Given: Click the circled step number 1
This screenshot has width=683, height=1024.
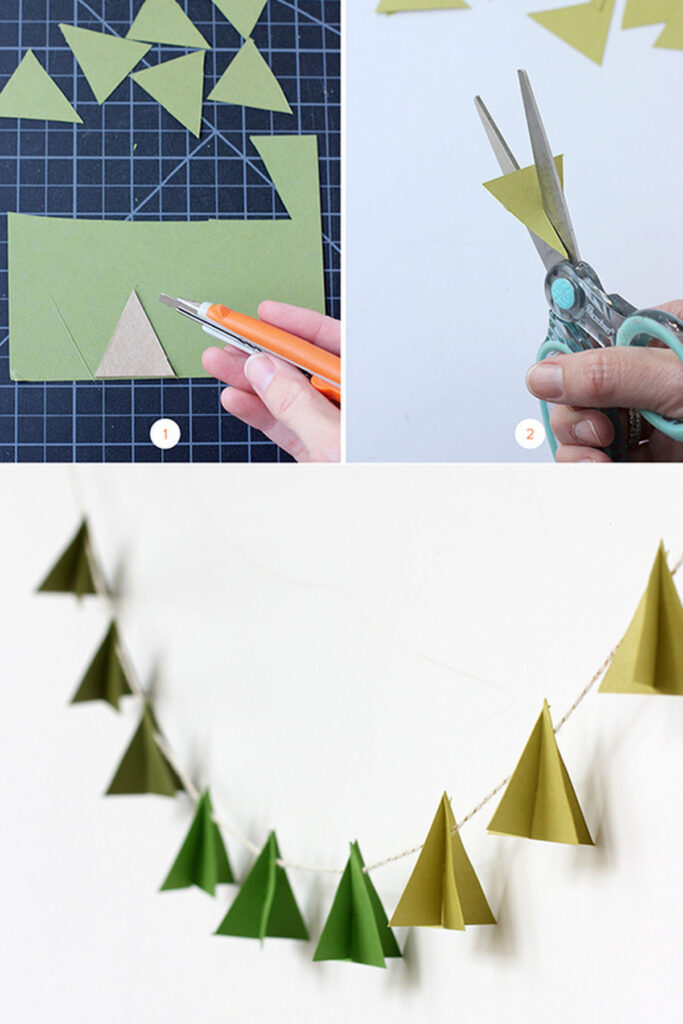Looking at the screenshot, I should [164, 433].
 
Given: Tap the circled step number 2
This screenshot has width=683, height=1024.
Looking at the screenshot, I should [530, 433].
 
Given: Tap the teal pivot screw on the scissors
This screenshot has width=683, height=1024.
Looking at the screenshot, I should [563, 293].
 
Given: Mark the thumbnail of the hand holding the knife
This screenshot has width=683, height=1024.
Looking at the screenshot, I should [259, 372].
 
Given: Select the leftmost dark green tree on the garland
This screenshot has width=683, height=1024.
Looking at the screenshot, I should [71, 565].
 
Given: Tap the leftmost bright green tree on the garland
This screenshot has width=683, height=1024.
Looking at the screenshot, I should [199, 849].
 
